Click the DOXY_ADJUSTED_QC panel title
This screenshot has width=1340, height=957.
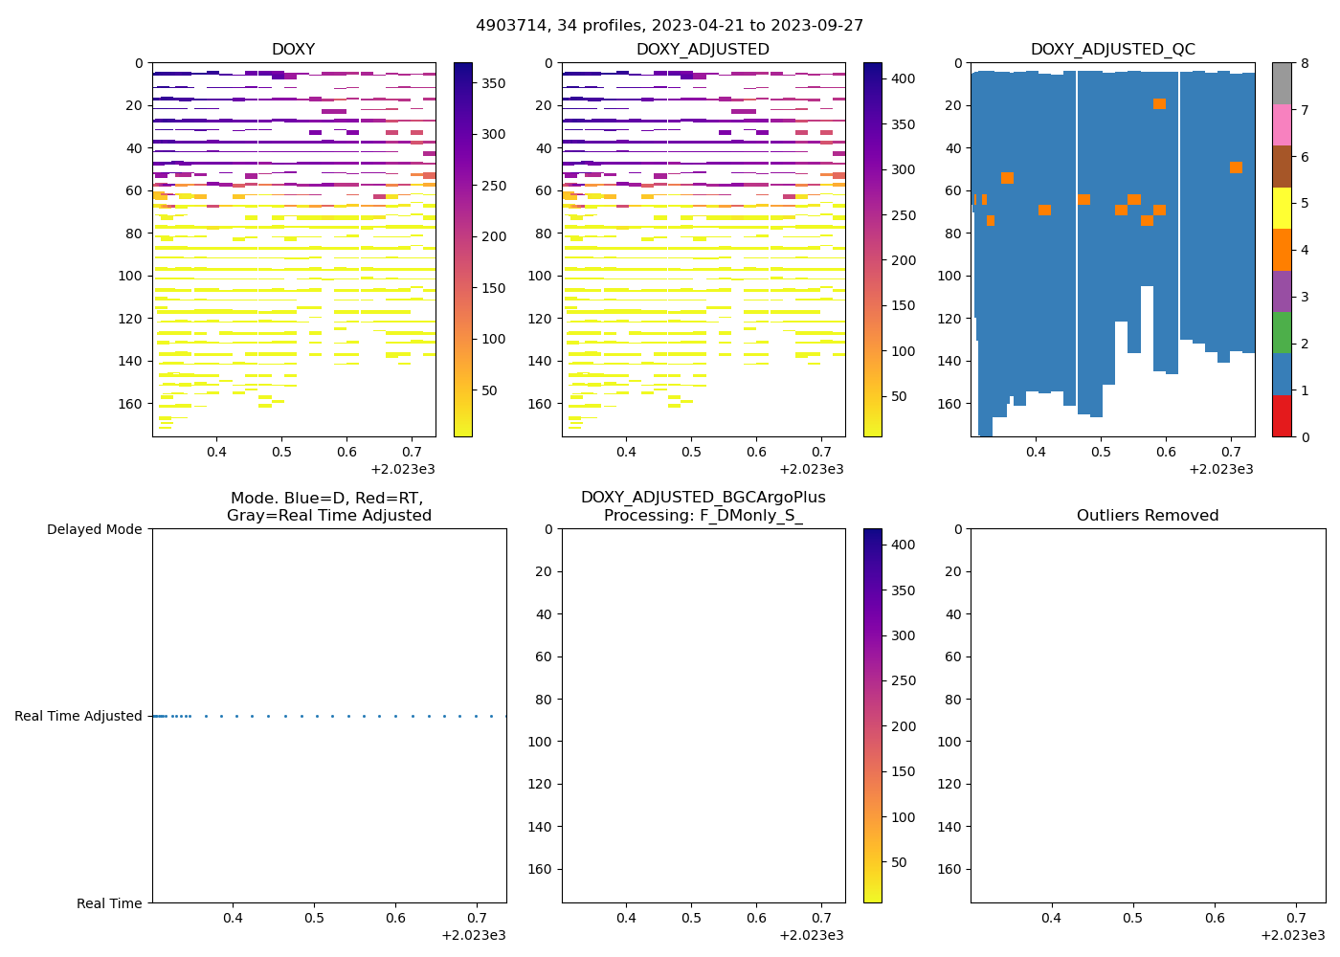click(x=1112, y=50)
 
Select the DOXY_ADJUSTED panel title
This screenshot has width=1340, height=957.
click(x=703, y=50)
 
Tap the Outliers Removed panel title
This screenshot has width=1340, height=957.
click(x=1148, y=516)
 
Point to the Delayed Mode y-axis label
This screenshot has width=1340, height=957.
click(x=94, y=529)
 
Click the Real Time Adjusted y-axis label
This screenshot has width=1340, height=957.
click(x=78, y=716)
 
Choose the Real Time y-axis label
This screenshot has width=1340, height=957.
click(x=109, y=903)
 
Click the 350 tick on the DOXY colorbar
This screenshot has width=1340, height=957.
click(x=494, y=83)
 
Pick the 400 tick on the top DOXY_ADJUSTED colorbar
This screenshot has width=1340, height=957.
click(x=904, y=78)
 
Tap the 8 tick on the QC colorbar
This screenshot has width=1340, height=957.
click(x=1304, y=63)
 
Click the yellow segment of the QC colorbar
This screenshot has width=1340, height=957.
click(x=1282, y=209)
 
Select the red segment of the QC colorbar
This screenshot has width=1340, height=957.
click(x=1282, y=416)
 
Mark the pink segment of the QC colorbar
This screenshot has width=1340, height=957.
click(x=1282, y=125)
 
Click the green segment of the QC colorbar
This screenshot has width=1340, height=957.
click(x=1282, y=333)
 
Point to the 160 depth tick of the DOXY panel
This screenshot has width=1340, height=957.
click(x=132, y=404)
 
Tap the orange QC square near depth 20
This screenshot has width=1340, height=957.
click(x=1159, y=103)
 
